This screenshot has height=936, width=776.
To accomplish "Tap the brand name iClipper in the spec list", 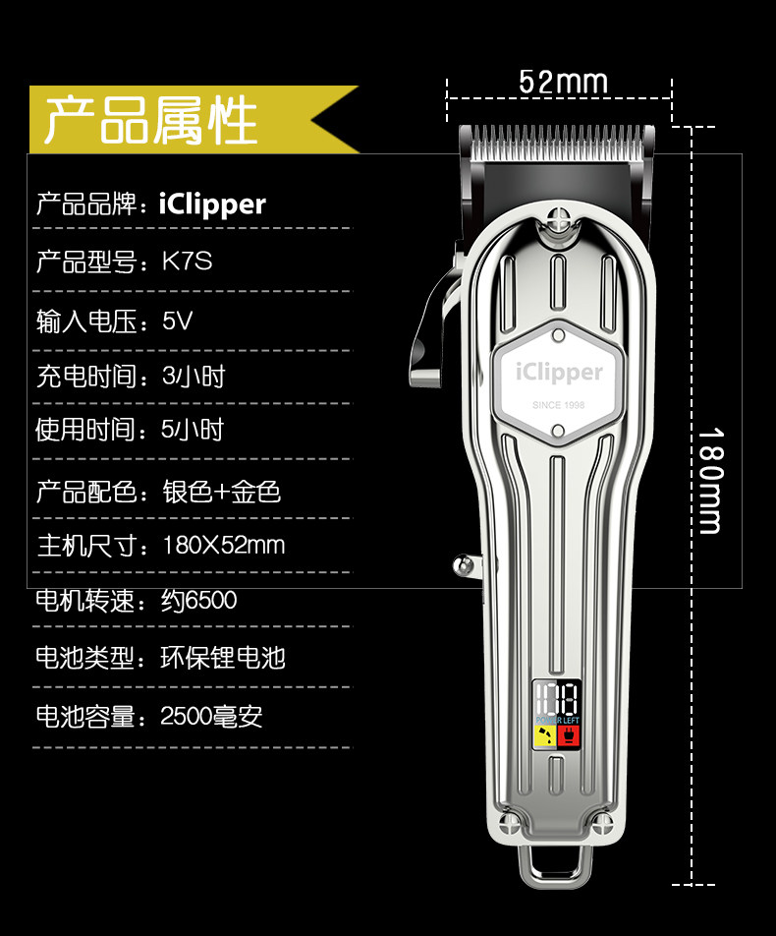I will click(212, 205).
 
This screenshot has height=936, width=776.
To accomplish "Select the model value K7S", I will click(187, 262).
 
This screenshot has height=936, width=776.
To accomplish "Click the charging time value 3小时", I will click(194, 377).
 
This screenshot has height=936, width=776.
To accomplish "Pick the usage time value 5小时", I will click(193, 430).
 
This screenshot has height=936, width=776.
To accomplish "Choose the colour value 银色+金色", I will click(222, 492).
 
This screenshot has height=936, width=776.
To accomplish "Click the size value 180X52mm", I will click(223, 545).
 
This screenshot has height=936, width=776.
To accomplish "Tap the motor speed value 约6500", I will click(198, 600).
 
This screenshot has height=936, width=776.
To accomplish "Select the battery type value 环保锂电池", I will click(223, 657).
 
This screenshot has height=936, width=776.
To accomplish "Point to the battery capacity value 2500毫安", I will click(211, 716).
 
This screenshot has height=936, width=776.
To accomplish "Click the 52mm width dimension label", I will click(563, 82).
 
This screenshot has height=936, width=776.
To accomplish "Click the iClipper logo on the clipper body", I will click(559, 372).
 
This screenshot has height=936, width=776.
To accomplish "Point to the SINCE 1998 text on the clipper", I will click(558, 404).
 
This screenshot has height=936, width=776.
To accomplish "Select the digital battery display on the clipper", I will click(557, 700).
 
